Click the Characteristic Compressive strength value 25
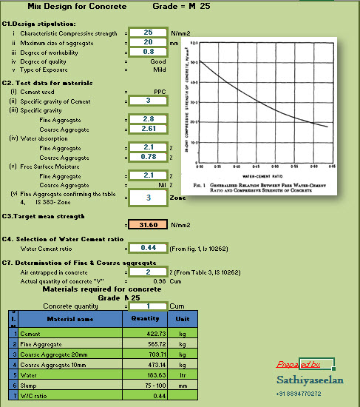click(x=148, y=33)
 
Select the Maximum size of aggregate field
click(x=148, y=42)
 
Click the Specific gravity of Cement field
click(x=148, y=100)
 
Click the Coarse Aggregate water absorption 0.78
click(x=148, y=157)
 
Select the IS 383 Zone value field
click(x=148, y=198)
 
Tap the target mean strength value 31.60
click(x=148, y=225)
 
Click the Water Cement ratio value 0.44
click(x=148, y=248)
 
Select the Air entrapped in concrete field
click(x=148, y=272)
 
